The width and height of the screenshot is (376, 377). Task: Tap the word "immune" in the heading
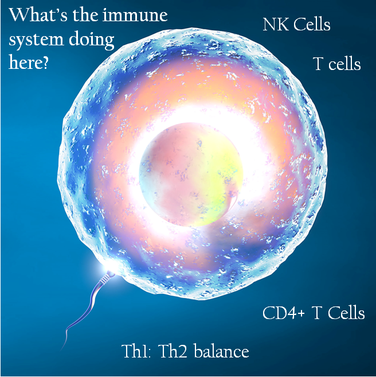[x=135, y=15]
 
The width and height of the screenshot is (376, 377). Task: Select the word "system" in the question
[x=36, y=40]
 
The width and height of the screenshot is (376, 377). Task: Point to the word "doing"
[x=92, y=40]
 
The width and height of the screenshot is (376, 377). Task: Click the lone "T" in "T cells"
[x=318, y=64]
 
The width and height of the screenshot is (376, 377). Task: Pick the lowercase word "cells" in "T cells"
[x=344, y=64]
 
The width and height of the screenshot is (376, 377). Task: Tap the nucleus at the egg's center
[x=191, y=174]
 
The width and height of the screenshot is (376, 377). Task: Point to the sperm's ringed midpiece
[x=104, y=279]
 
